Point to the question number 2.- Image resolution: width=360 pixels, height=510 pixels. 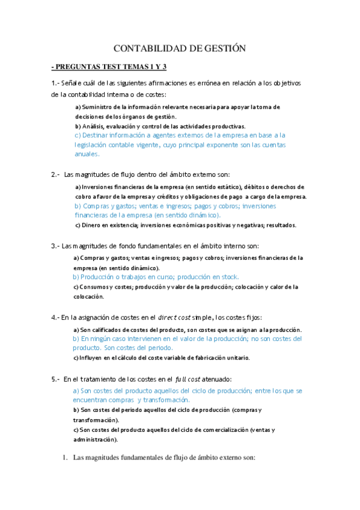click(56, 174)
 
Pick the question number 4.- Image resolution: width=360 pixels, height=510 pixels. click(56, 317)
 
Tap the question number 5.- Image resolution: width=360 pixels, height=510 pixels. click(56, 379)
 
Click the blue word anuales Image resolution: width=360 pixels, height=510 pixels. click(87, 154)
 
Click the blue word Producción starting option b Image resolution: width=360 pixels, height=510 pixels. click(99, 277)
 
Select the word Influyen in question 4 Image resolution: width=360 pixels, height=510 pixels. click(93, 358)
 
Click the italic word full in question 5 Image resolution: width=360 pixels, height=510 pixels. click(180, 379)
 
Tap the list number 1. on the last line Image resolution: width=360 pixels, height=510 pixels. click(66, 458)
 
